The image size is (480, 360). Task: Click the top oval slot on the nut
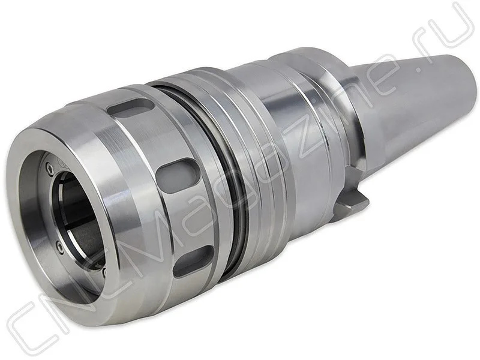[131, 109]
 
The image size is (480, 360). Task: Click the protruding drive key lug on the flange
[352, 205]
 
